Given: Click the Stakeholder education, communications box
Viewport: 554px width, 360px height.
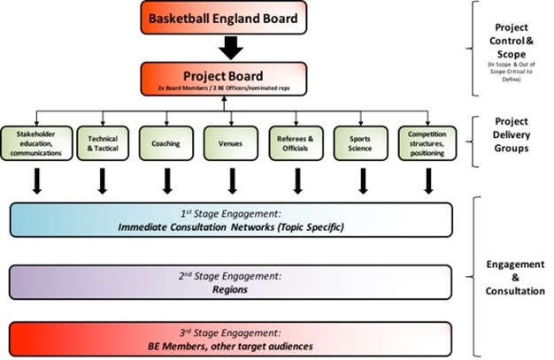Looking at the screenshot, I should pos(36,144).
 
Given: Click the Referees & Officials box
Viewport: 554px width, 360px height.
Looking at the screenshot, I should pos(297,144).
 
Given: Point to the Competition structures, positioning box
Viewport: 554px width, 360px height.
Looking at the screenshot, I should pos(428,144).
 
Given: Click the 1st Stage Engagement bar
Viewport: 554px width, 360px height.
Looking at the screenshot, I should pos(232,220).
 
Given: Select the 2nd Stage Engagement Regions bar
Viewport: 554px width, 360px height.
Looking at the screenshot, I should pos(232,282).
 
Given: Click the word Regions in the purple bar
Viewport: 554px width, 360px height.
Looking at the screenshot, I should pos(232,288).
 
